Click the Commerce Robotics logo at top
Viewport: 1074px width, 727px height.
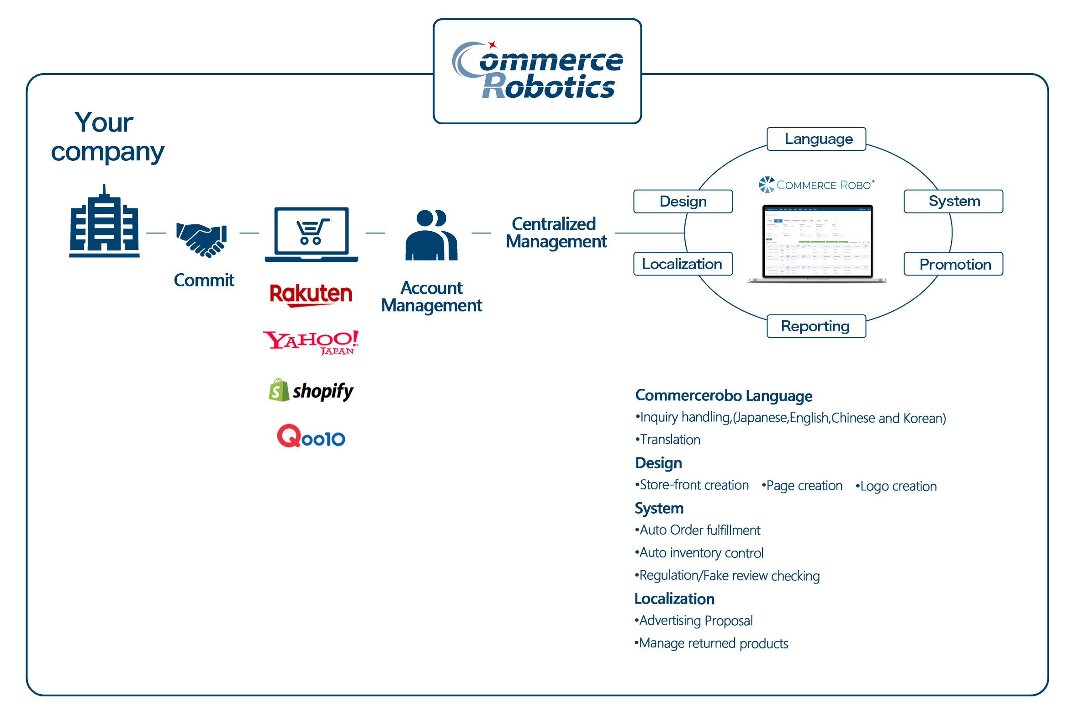tap(537, 71)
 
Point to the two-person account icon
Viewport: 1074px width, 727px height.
tap(431, 236)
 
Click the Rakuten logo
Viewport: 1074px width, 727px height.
tap(311, 294)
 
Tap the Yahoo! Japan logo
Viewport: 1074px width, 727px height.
tap(311, 342)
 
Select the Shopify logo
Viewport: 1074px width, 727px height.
tap(311, 391)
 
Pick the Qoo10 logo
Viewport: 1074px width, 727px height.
tap(311, 436)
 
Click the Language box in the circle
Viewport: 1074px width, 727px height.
tap(816, 138)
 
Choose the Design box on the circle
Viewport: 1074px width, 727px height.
tap(682, 202)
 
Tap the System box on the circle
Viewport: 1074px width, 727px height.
tap(953, 201)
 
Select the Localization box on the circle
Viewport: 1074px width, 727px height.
tap(682, 264)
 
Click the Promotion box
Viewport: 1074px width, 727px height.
tap(953, 264)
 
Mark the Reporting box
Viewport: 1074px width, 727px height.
tap(816, 326)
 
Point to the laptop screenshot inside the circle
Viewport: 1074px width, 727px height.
tap(817, 242)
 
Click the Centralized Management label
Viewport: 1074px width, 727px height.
tap(556, 233)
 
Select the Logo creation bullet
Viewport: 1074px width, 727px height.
tap(897, 486)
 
